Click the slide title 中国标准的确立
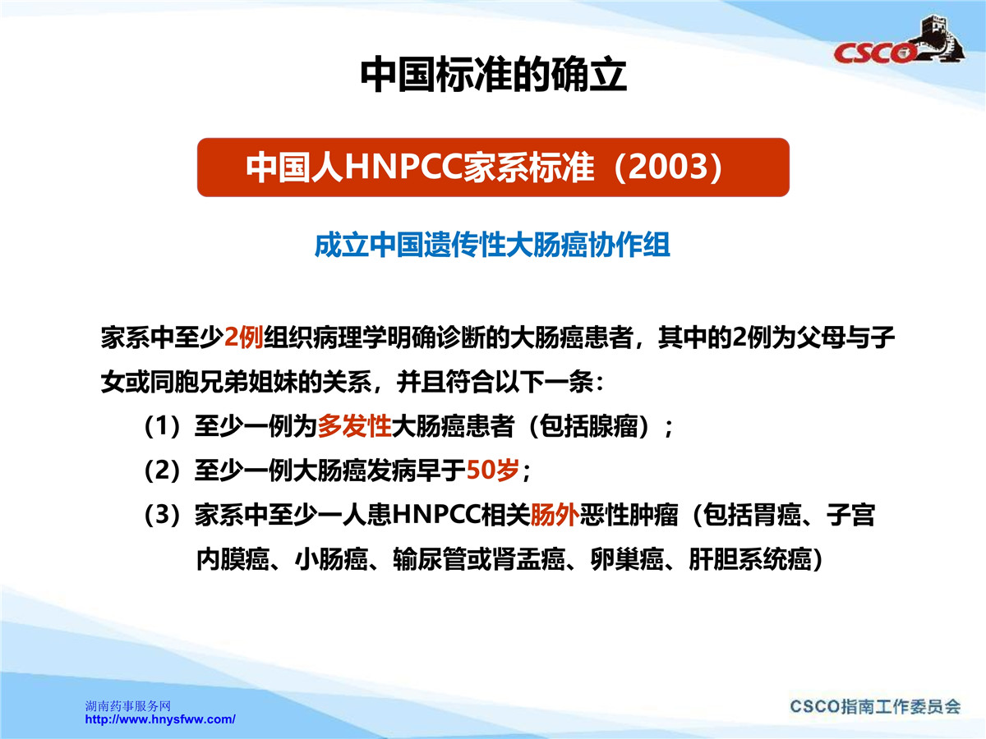point(493,75)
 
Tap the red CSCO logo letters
point(873,53)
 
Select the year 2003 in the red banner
point(668,167)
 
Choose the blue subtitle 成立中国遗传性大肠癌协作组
point(492,245)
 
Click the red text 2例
point(243,337)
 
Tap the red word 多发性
point(354,426)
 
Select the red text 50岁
point(493,470)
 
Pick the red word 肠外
point(555,515)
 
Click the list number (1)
point(163,426)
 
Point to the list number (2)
point(163,470)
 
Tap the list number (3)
point(163,515)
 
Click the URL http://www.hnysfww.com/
point(160,719)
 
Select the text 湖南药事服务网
point(128,706)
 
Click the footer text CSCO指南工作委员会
point(875,706)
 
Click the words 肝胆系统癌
point(750,559)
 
